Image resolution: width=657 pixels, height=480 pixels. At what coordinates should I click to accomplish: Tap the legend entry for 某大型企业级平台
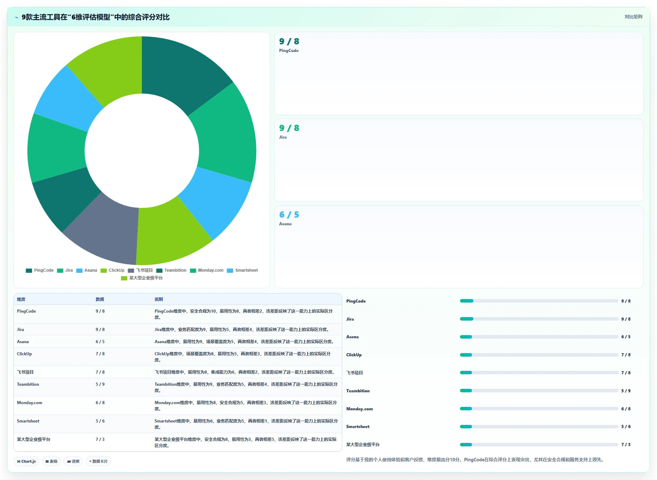pyautogui.click(x=142, y=278)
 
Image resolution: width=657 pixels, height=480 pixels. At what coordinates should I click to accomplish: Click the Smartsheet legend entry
pyautogui.click(x=242, y=270)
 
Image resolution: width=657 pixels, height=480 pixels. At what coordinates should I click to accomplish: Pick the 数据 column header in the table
pyautogui.click(x=100, y=299)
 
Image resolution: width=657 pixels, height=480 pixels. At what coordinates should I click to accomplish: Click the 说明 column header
pyautogui.click(x=159, y=299)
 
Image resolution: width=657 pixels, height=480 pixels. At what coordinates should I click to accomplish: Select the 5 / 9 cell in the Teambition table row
pyautogui.click(x=100, y=384)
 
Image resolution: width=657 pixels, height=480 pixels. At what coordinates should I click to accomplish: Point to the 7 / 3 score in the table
pyautogui.click(x=100, y=439)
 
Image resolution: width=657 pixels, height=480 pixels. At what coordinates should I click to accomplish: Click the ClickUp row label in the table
pyautogui.click(x=24, y=354)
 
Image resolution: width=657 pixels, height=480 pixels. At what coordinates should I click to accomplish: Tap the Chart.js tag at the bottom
pyautogui.click(x=26, y=461)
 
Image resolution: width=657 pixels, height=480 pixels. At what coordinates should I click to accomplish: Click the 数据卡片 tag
pyautogui.click(x=98, y=461)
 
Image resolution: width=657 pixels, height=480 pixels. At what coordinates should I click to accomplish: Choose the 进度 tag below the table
pyautogui.click(x=73, y=461)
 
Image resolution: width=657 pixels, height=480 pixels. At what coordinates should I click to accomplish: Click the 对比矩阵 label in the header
pyautogui.click(x=633, y=17)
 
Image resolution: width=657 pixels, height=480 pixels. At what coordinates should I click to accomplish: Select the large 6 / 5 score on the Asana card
pyautogui.click(x=289, y=215)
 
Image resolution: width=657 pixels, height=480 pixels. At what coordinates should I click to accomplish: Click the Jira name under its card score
pyautogui.click(x=283, y=137)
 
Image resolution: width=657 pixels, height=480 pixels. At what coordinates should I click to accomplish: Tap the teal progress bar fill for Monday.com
pyautogui.click(x=466, y=409)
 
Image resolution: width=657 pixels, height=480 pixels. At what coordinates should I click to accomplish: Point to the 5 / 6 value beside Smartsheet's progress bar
pyautogui.click(x=626, y=427)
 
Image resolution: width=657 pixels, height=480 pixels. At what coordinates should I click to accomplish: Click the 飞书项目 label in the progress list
pyautogui.click(x=355, y=373)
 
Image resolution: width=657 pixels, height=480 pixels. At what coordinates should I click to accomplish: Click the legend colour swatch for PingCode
pyautogui.click(x=29, y=271)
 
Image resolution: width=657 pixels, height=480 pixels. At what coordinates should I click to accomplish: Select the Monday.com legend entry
pyautogui.click(x=207, y=270)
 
